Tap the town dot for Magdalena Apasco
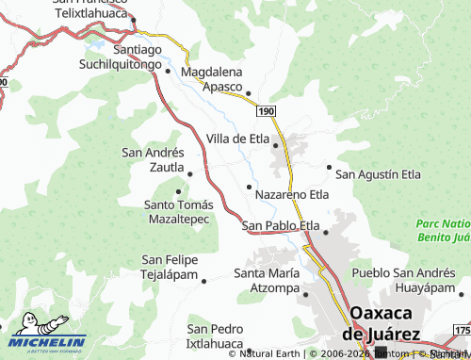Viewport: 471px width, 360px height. [x=249, y=92]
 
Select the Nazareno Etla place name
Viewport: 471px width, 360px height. [x=292, y=194]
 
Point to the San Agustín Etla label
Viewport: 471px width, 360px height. [x=379, y=174]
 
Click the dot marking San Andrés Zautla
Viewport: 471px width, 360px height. [x=190, y=173]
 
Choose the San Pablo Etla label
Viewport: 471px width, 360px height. [x=281, y=225]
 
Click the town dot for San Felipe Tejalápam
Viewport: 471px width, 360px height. [x=204, y=280]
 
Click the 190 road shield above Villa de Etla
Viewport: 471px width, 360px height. [x=265, y=111]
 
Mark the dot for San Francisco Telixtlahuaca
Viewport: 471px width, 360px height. [x=134, y=20]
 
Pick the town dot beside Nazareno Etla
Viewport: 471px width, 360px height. [x=249, y=187]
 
